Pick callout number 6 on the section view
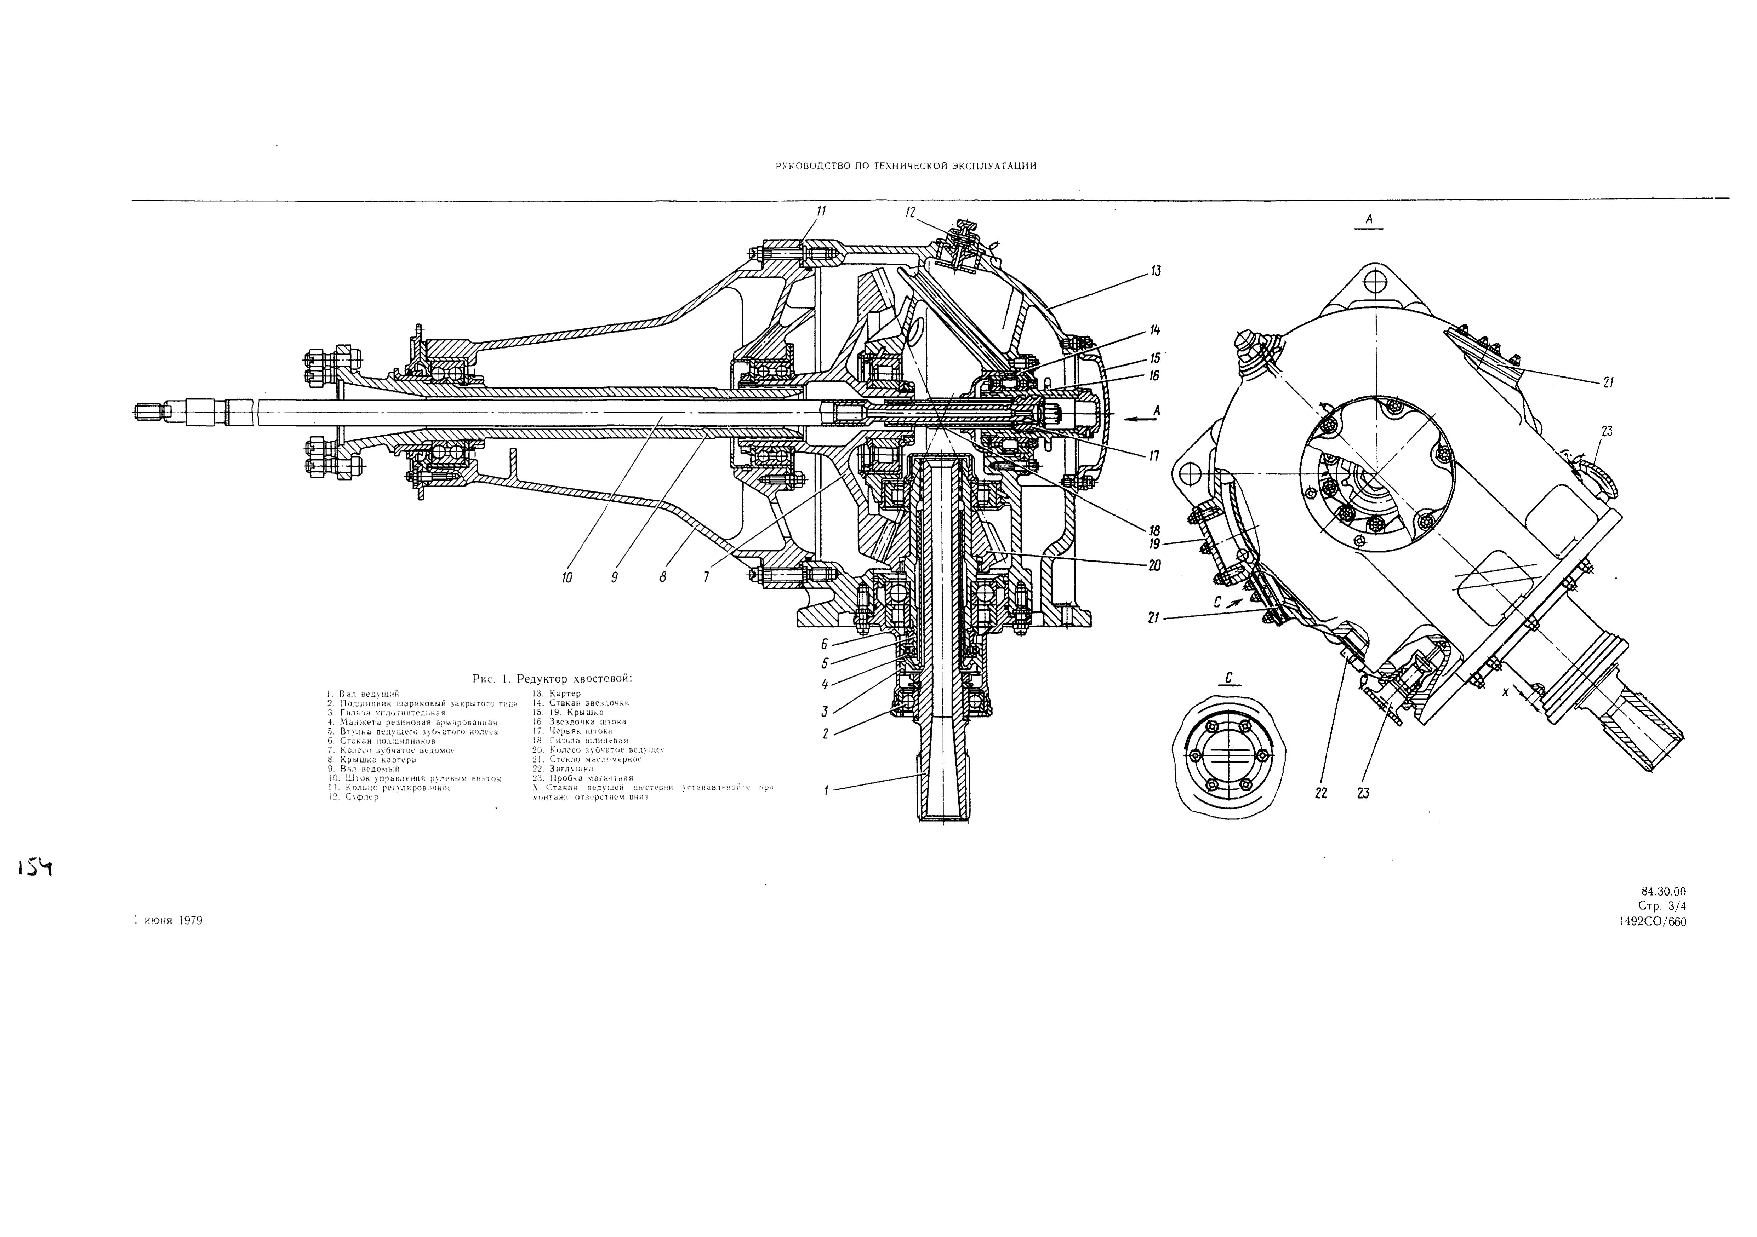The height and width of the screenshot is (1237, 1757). coord(824,644)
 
